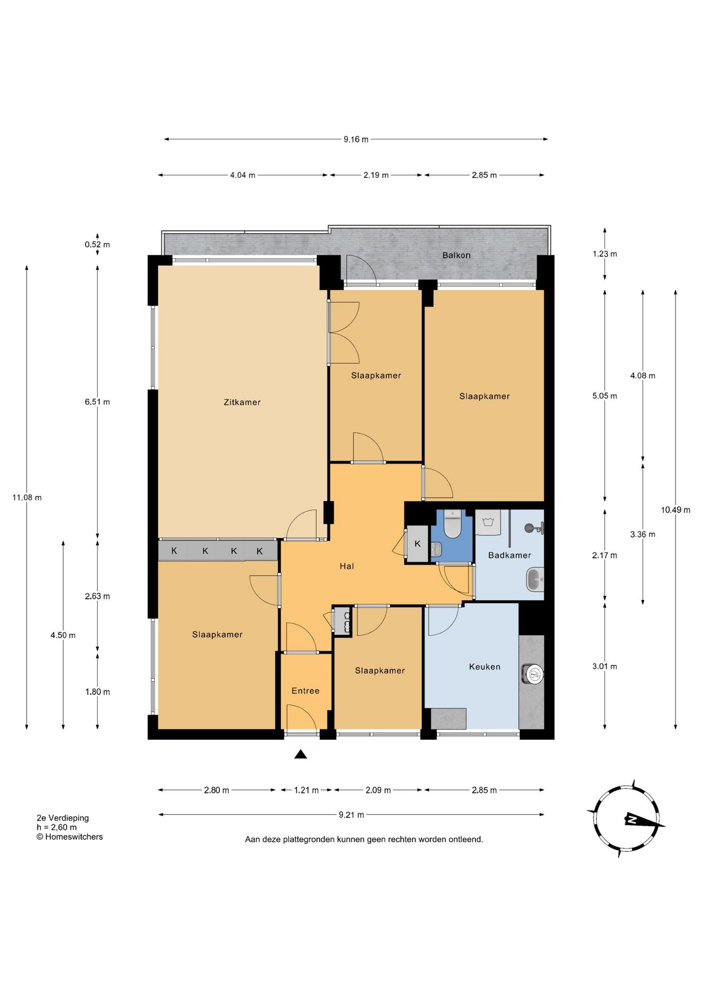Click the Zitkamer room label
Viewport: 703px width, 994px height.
242,402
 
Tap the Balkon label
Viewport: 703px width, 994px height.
456,255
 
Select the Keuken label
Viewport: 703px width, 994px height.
485,667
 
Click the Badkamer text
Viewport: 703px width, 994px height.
509,556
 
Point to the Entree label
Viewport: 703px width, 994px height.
305,691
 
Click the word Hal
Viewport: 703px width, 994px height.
347,566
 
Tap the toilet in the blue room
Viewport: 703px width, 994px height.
452,524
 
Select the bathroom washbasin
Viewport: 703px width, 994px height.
535,579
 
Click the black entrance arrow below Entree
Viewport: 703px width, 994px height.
301,754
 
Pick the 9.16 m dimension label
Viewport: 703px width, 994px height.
356,139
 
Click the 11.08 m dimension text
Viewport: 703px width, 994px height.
27,498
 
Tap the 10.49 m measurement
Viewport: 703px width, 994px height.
676,510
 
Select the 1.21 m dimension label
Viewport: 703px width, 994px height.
306,790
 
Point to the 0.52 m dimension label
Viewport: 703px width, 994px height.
97,244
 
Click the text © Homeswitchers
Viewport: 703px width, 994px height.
69,837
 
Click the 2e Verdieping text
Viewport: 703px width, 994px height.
63,818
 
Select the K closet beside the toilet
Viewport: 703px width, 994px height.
417,544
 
